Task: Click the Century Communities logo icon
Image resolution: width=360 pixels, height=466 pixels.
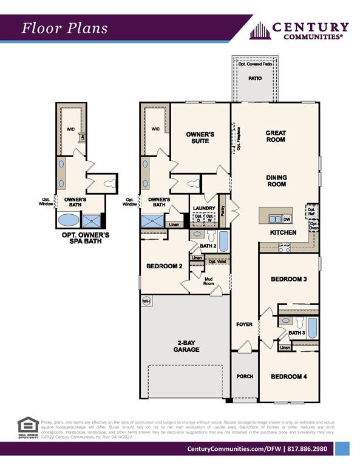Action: pyautogui.click(x=259, y=30)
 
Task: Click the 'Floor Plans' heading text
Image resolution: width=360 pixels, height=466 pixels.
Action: pyautogui.click(x=65, y=28)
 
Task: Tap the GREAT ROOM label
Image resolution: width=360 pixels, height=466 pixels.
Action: pyautogui.click(x=276, y=137)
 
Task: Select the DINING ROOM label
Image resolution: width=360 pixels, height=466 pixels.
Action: pyautogui.click(x=276, y=181)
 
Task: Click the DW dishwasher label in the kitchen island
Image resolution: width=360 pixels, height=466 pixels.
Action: pyautogui.click(x=287, y=219)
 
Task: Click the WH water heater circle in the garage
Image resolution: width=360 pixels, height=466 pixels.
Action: pyautogui.click(x=146, y=300)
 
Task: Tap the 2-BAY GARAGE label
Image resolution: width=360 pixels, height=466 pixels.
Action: pyautogui.click(x=185, y=346)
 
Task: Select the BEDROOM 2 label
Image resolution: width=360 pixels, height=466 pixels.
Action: pyautogui.click(x=165, y=266)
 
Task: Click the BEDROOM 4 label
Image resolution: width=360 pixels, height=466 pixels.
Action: pyautogui.click(x=288, y=376)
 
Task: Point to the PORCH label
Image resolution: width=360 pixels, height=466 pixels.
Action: pyautogui.click(x=245, y=376)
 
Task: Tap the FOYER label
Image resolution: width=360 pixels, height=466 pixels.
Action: pyautogui.click(x=244, y=325)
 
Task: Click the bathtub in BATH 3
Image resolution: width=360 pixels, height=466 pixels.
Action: pyautogui.click(x=311, y=328)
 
